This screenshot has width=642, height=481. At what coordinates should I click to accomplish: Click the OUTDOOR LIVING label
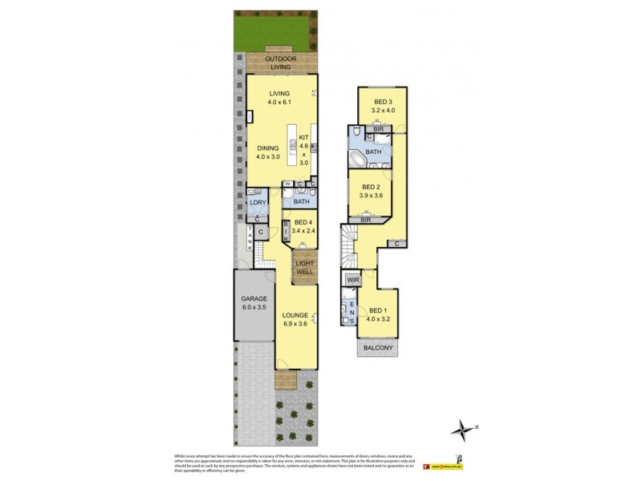280,63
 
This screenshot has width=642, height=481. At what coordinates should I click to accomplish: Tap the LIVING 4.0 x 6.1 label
280,98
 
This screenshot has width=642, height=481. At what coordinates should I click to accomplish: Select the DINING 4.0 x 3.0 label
268,152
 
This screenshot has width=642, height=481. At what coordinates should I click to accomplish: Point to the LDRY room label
257,202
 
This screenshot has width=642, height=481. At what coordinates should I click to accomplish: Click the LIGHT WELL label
304,268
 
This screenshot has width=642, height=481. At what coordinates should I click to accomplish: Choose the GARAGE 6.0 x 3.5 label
253,302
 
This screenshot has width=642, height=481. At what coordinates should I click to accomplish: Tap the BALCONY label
377,347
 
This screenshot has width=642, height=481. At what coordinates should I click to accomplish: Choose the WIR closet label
352,280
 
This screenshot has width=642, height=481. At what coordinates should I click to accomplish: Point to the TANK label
250,237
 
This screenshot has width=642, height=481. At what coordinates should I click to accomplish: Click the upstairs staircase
347,248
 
